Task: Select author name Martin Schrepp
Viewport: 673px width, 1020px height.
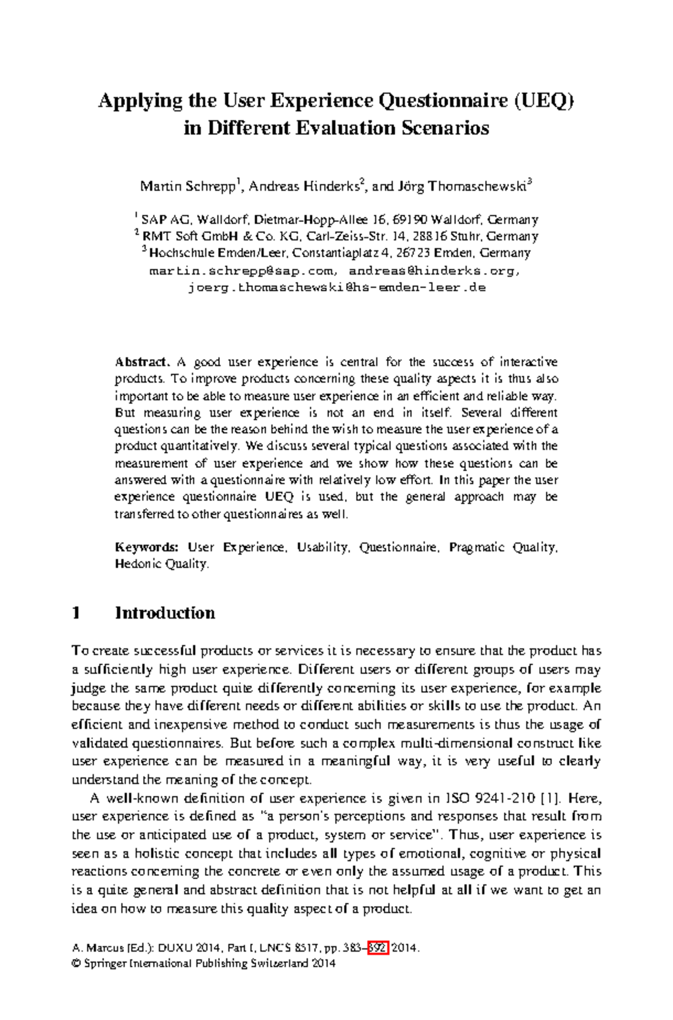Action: click(188, 186)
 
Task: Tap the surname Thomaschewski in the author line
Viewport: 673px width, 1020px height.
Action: click(477, 186)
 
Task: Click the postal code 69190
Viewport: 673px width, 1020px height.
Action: click(410, 220)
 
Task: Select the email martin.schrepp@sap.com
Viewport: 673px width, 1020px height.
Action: click(241, 271)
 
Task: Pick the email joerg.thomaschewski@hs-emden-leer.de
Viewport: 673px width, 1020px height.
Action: click(336, 288)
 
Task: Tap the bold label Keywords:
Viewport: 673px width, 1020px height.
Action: click(146, 548)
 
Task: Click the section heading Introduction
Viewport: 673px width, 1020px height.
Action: click(165, 613)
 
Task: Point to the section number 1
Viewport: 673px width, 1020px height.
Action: click(77, 613)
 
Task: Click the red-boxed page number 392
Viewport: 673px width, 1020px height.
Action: click(378, 948)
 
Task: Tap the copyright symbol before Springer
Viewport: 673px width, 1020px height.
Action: click(76, 963)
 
